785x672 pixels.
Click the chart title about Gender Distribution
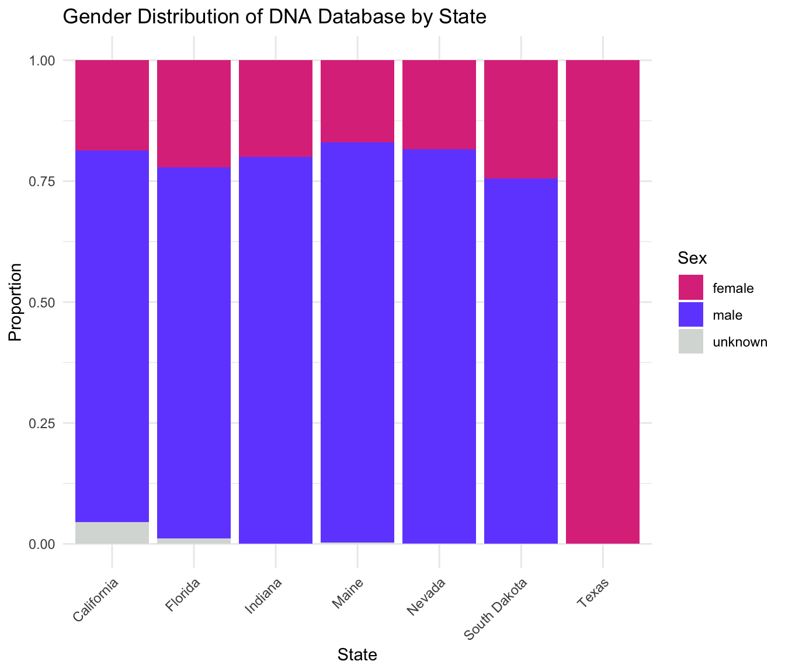tap(274, 17)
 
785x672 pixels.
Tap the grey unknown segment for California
tap(112, 533)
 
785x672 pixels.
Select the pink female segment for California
tap(112, 105)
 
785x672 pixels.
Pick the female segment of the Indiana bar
tap(276, 108)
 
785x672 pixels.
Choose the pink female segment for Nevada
tap(439, 104)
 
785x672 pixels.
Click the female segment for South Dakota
tap(521, 119)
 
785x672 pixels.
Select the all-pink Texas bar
tap(603, 302)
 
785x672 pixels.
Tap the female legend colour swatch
tap(691, 288)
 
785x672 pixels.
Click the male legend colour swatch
tap(691, 315)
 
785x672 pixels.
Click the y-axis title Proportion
tap(16, 302)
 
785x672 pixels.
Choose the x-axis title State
tap(357, 655)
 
